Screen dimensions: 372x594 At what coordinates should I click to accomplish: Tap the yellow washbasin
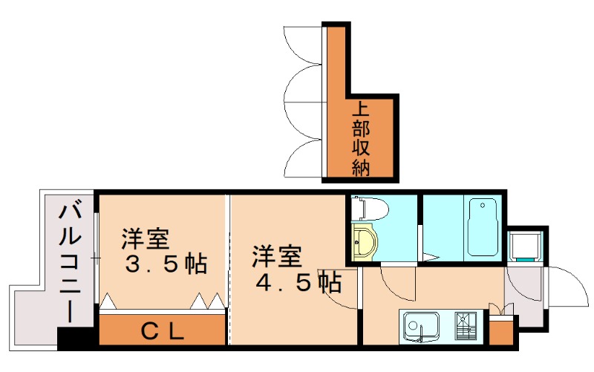(364, 242)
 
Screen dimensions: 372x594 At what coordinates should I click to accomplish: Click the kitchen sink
(421, 325)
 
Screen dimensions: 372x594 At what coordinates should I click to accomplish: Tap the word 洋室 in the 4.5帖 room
(276, 257)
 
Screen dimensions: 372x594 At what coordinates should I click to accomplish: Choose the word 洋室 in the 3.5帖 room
(146, 240)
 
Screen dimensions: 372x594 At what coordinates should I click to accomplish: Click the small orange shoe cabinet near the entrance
(500, 330)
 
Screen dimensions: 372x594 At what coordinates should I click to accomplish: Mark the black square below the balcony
(77, 337)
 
